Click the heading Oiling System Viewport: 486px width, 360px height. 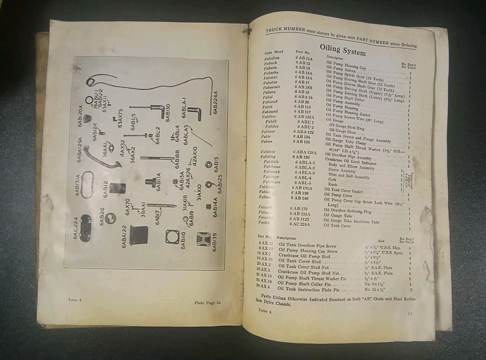point(343,50)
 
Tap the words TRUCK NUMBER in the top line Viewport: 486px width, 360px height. point(285,30)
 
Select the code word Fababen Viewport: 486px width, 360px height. point(272,58)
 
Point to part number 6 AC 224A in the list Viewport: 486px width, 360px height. point(299,224)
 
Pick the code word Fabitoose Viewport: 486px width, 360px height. point(272,182)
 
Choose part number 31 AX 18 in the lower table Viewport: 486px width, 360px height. point(264,281)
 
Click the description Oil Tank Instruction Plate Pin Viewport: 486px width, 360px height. point(308,289)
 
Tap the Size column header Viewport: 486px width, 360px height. point(381,241)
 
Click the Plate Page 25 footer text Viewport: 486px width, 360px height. point(208,303)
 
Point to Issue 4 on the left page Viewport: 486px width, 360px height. point(75,300)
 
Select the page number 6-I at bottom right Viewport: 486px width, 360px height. point(410,314)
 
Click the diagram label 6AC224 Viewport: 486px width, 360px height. point(76,228)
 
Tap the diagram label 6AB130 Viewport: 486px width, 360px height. point(168,113)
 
